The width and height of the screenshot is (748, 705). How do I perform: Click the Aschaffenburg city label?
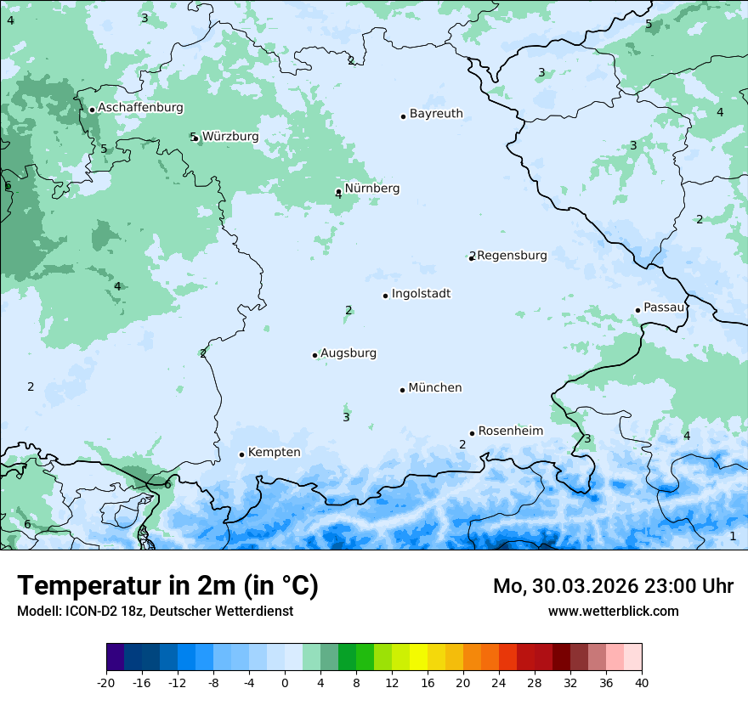click(x=140, y=108)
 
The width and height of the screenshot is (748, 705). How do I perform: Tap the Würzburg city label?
click(x=230, y=137)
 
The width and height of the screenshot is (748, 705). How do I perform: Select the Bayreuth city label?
click(x=436, y=114)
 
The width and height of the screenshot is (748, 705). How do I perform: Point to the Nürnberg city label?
click(x=371, y=189)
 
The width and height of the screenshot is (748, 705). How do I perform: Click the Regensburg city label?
click(x=512, y=256)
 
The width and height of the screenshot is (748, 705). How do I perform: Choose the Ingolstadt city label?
click(x=421, y=294)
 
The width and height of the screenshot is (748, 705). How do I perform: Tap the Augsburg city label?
click(x=348, y=353)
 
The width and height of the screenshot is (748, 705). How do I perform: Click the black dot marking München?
click(x=402, y=390)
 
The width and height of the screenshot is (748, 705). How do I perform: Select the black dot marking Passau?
click(x=637, y=310)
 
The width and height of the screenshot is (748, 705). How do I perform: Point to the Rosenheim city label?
click(x=510, y=431)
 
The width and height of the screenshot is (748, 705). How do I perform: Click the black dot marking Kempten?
click(x=241, y=454)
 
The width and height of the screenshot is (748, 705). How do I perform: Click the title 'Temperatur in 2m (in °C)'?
click(x=167, y=586)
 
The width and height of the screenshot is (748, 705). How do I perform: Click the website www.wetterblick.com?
click(x=613, y=611)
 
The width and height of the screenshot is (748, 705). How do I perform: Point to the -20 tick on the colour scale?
click(x=106, y=682)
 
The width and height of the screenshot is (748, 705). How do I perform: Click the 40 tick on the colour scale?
click(x=642, y=682)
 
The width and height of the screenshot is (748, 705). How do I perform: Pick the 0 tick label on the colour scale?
click(x=285, y=682)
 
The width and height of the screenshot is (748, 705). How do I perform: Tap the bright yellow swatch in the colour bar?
click(x=418, y=657)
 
